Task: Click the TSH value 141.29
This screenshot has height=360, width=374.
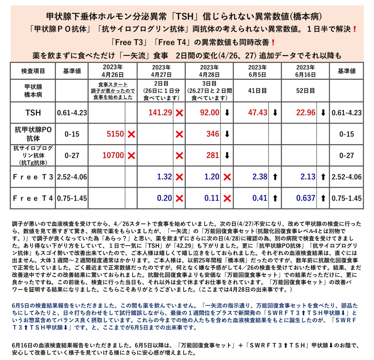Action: [x=160, y=113]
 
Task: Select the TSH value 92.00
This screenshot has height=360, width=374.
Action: [x=209, y=113]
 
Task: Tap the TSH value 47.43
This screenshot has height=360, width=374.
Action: [x=257, y=113]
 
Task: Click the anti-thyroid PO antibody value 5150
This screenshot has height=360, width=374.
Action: [x=115, y=134]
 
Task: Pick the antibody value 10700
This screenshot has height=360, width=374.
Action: [x=113, y=155]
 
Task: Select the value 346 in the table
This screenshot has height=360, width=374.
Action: [x=213, y=134]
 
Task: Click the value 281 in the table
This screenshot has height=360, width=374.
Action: [x=213, y=155]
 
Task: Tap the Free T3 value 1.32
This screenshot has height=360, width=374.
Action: [x=164, y=177]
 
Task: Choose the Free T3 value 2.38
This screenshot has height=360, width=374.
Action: [x=260, y=177]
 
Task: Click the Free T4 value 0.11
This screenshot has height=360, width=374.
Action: [x=212, y=198]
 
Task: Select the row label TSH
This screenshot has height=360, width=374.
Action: [x=33, y=113]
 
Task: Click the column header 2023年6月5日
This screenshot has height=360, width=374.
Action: [x=257, y=71]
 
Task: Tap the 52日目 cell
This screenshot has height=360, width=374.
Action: [x=305, y=91]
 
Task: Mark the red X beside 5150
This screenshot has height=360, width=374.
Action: [x=132, y=135]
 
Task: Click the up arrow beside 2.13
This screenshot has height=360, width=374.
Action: [x=323, y=177]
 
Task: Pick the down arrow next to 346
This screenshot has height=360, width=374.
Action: [x=227, y=135]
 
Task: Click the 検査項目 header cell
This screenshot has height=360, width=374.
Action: [x=33, y=71]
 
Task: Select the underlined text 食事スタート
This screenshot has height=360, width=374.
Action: [x=113, y=85]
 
